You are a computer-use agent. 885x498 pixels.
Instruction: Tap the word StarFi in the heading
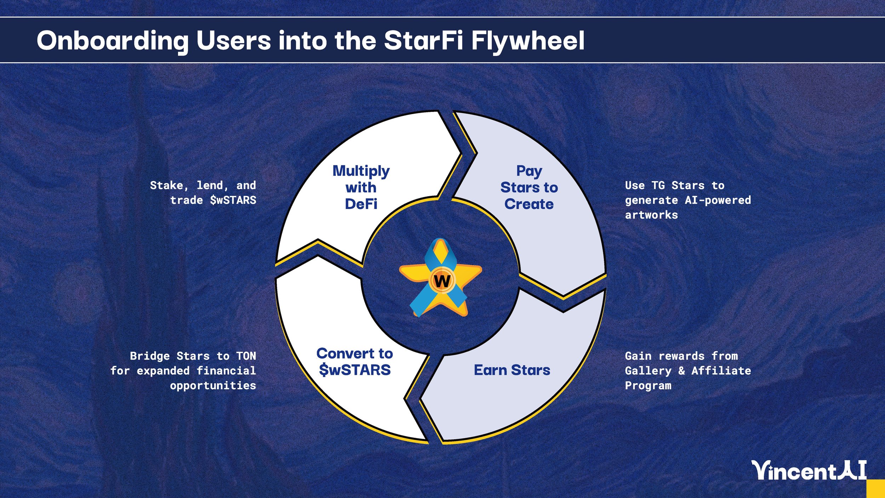pos(423,40)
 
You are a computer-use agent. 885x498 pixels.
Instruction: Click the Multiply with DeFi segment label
pos(361,187)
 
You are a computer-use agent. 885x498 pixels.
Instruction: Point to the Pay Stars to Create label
pos(529,187)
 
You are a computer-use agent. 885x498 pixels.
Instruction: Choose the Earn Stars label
pos(512,370)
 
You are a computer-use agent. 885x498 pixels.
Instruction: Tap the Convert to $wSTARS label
pos(355,362)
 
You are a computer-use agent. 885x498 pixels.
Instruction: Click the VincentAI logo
pos(809,470)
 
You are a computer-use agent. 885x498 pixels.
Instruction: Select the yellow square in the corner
pos(876,488)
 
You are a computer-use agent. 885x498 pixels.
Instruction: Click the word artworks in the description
pos(651,215)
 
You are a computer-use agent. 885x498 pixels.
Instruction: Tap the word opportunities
pos(213,385)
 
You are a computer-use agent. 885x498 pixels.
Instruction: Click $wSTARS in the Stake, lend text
pos(233,200)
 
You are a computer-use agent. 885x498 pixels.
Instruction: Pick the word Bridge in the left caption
pos(150,356)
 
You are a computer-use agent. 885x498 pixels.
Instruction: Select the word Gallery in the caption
pos(648,370)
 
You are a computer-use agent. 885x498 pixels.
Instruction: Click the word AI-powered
pos(718,200)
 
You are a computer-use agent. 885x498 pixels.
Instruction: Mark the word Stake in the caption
pos(166,185)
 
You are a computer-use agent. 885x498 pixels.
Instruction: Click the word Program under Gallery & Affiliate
pos(648,385)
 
